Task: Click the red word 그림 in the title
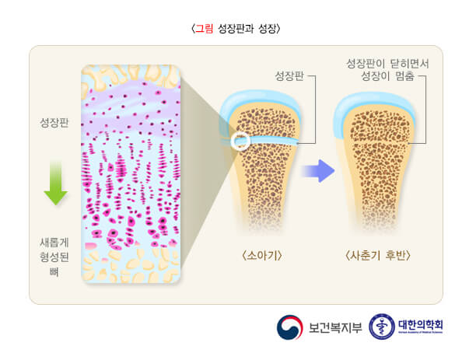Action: [x=205, y=29]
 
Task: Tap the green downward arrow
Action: [x=56, y=183]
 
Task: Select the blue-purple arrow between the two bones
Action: [x=318, y=171]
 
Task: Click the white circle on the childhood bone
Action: [x=240, y=141]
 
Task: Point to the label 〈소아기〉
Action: [x=262, y=255]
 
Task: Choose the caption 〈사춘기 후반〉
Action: [x=378, y=255]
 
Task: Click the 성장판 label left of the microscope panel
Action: [x=54, y=122]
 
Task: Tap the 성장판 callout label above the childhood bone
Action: [x=289, y=75]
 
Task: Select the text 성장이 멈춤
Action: [x=387, y=76]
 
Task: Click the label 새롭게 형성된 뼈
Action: [x=54, y=257]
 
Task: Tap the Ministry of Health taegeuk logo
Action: [x=290, y=327]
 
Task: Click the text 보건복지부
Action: [x=335, y=327]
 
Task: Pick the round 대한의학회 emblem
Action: [x=382, y=327]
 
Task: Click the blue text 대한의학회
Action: [x=421, y=325]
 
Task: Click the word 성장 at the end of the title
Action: [x=268, y=29]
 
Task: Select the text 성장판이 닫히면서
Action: [x=387, y=64]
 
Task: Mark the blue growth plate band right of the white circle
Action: [x=274, y=141]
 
